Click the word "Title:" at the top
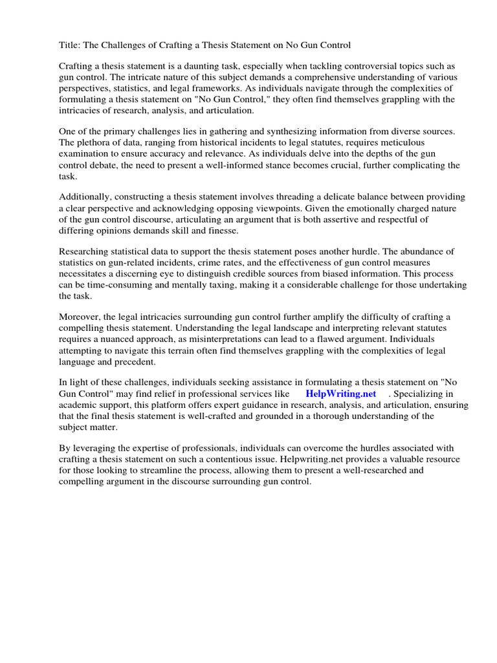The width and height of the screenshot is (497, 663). (x=70, y=45)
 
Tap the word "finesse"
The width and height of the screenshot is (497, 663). (x=222, y=231)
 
